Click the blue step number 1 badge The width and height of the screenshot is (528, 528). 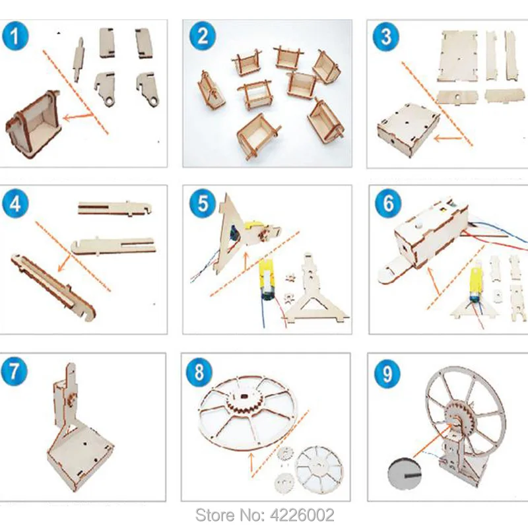(x=15, y=36)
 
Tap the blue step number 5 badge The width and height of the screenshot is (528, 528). (x=203, y=203)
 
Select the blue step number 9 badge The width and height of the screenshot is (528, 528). (x=387, y=374)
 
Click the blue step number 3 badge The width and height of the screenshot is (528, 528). (x=386, y=36)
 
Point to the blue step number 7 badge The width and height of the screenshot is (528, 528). (x=13, y=372)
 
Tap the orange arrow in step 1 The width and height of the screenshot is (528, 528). (x=79, y=117)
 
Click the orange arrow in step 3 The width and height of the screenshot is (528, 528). (x=448, y=138)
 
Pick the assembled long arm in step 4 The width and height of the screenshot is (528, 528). (x=54, y=286)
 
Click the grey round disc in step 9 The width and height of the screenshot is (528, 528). (x=405, y=475)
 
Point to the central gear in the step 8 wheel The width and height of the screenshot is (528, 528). (x=244, y=403)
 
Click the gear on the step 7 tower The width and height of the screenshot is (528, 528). (x=72, y=399)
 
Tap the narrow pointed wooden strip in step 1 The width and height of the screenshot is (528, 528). (x=79, y=59)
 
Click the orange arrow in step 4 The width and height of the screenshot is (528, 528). (x=65, y=263)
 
